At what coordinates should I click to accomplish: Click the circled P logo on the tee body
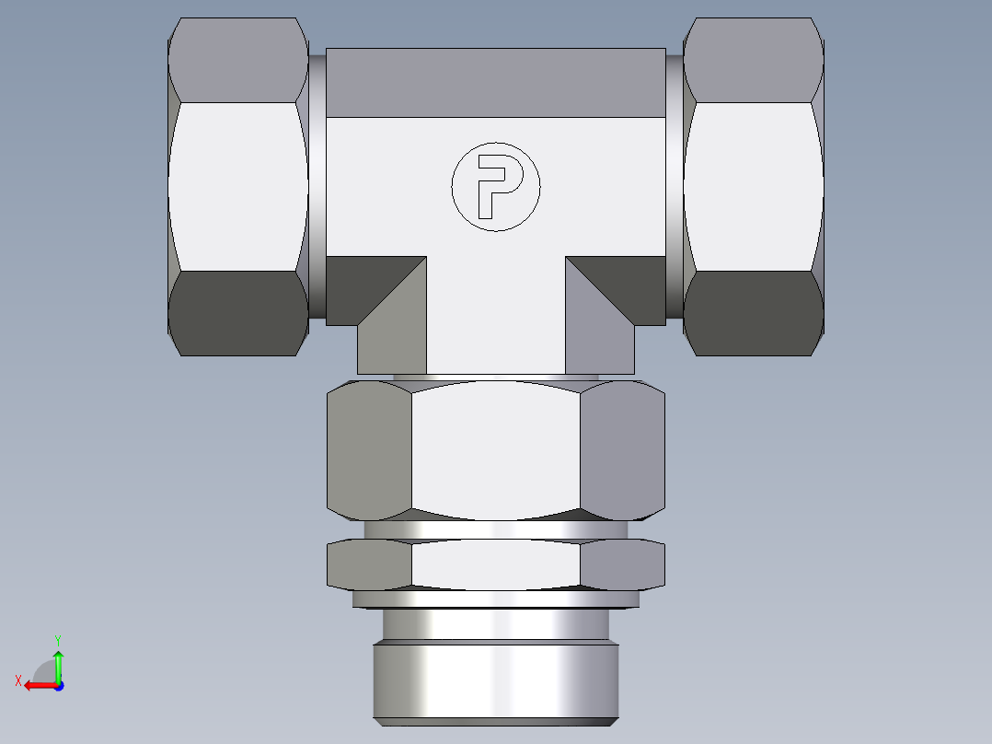point(495,187)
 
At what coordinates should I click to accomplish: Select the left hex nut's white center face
point(238,186)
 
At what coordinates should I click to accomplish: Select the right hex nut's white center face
point(753,186)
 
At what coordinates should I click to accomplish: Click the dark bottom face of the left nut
point(238,313)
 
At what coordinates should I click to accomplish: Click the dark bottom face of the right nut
point(753,313)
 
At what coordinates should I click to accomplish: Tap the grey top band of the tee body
point(495,83)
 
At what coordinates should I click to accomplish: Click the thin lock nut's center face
point(495,564)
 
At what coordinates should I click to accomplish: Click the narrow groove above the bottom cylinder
point(495,626)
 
